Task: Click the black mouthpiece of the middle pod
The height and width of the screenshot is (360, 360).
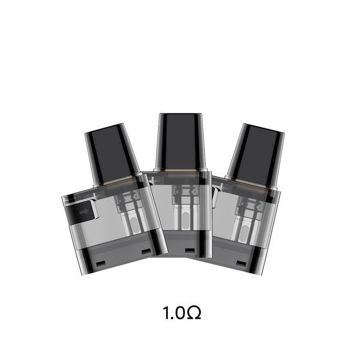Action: click(x=180, y=141)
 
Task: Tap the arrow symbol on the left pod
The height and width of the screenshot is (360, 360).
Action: click(x=83, y=211)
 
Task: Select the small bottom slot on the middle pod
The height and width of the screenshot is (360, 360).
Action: click(x=189, y=250)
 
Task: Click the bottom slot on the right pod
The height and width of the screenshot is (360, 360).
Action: click(x=241, y=263)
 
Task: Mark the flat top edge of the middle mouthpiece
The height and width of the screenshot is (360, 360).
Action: click(x=180, y=113)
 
